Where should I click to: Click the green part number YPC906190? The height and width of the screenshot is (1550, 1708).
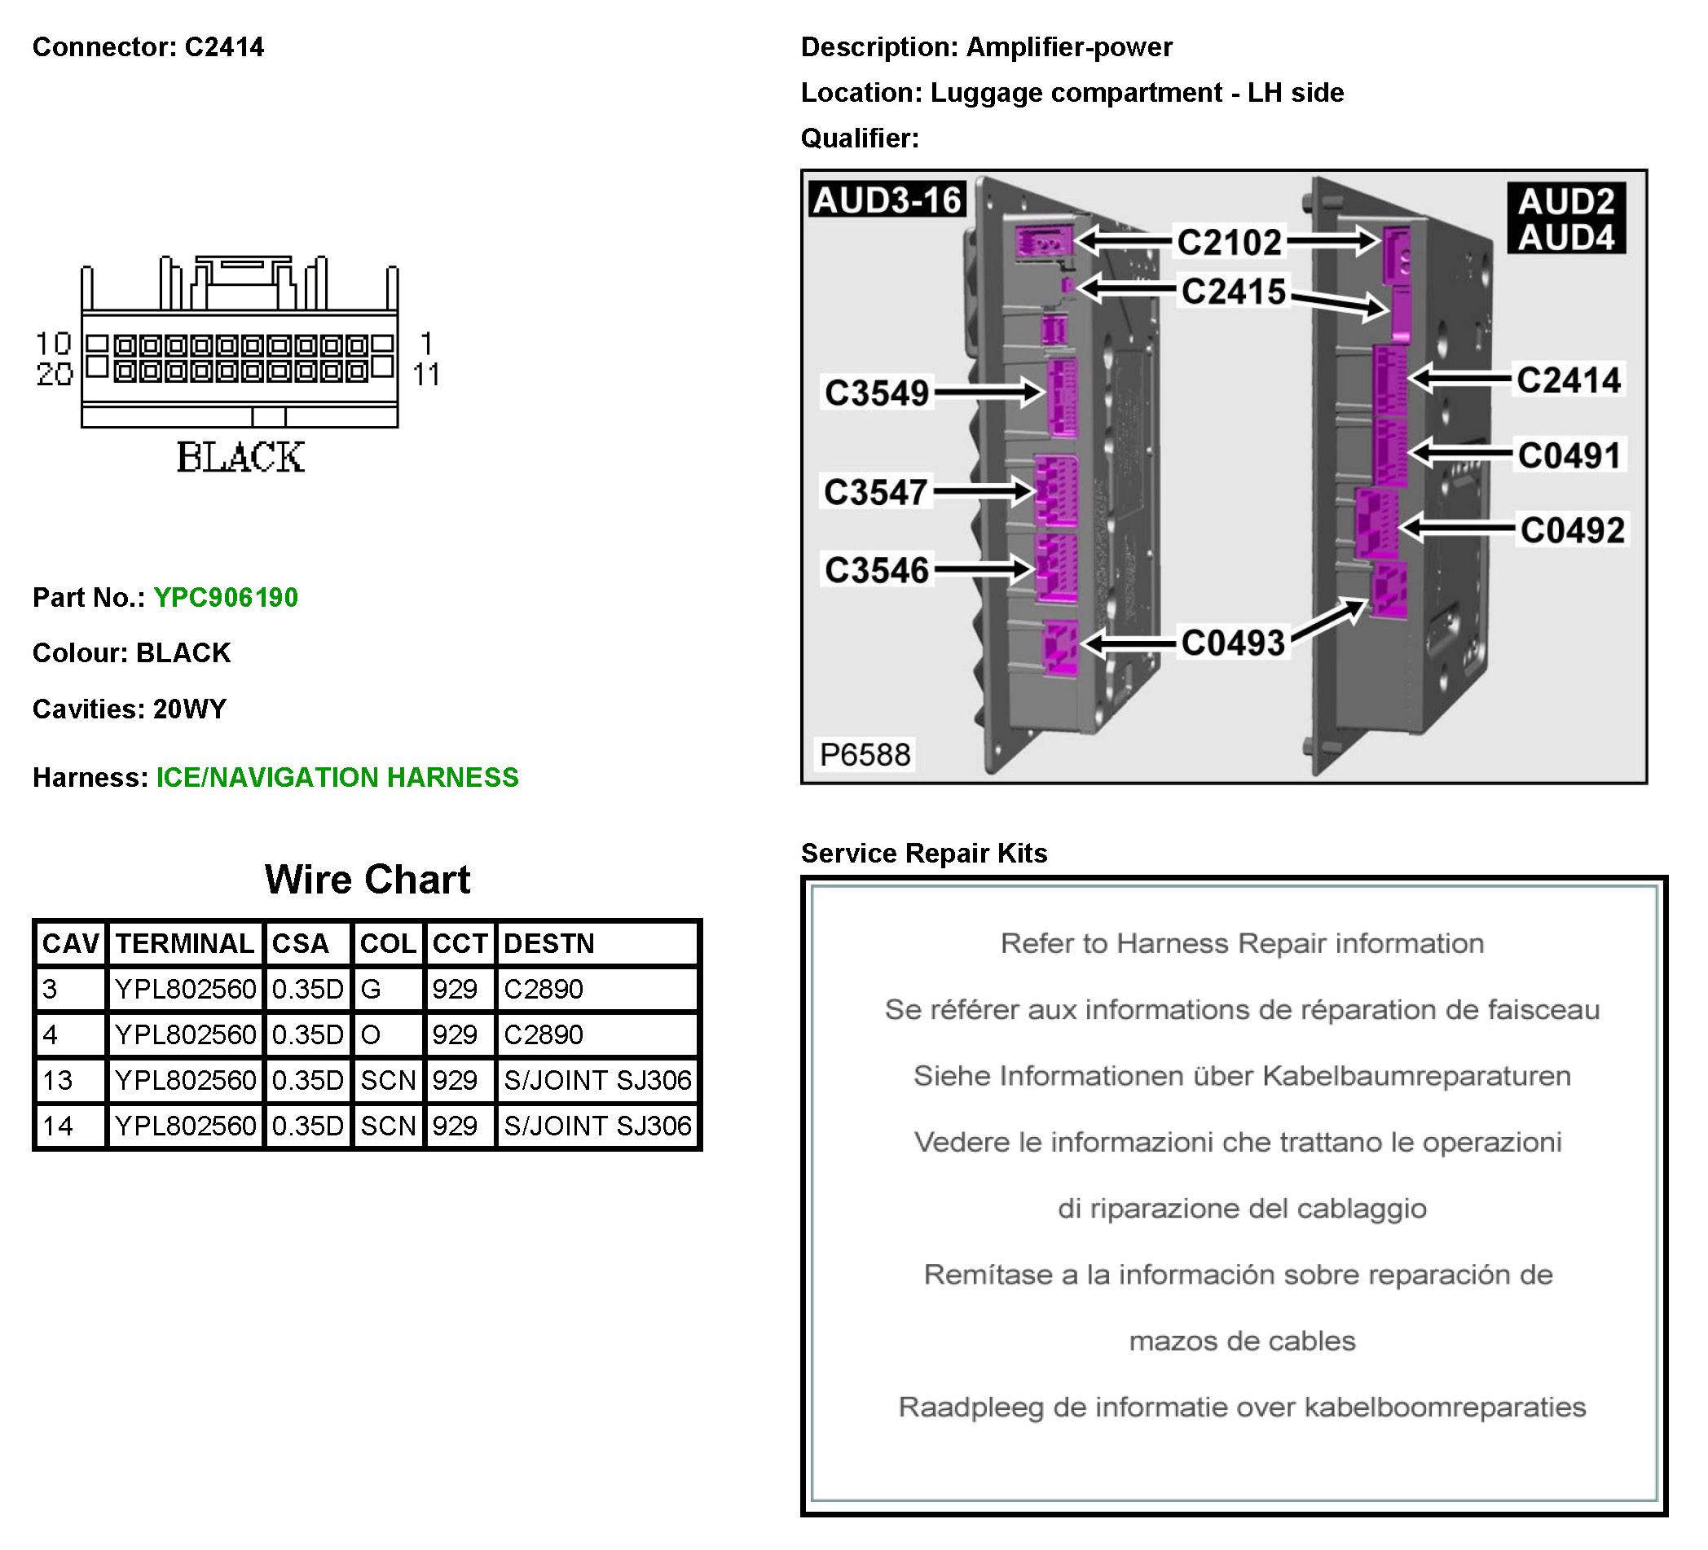pos(226,598)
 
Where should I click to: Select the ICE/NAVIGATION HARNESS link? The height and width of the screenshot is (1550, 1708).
pos(337,778)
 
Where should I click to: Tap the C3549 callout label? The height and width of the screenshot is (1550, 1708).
pos(877,393)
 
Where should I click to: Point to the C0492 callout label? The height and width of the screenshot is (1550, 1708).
pos(1572,530)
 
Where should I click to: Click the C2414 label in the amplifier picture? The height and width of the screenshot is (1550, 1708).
pos(1568,380)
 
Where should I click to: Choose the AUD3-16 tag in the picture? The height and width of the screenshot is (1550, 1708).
pos(887,200)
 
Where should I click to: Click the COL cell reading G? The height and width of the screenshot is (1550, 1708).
pos(371,989)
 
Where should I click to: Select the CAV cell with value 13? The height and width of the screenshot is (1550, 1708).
pos(58,1080)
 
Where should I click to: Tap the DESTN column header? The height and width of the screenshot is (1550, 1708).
pos(549,943)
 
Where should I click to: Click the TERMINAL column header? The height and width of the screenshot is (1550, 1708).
pos(185,943)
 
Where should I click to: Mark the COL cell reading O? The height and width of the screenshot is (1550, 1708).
pos(371,1034)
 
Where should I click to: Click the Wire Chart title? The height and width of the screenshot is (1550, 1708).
pos(367,879)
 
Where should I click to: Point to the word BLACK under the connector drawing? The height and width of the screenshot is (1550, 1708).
pos(240,458)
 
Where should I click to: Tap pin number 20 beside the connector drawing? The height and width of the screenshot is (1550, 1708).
pos(55,374)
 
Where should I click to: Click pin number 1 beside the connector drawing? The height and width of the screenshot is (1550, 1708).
pos(426,343)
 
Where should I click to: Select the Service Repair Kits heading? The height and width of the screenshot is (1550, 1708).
pos(923,853)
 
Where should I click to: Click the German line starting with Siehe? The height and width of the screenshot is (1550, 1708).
pos(1241,1076)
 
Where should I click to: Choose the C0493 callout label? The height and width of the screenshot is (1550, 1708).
pos(1233,643)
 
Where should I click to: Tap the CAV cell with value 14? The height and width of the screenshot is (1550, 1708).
pos(58,1126)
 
